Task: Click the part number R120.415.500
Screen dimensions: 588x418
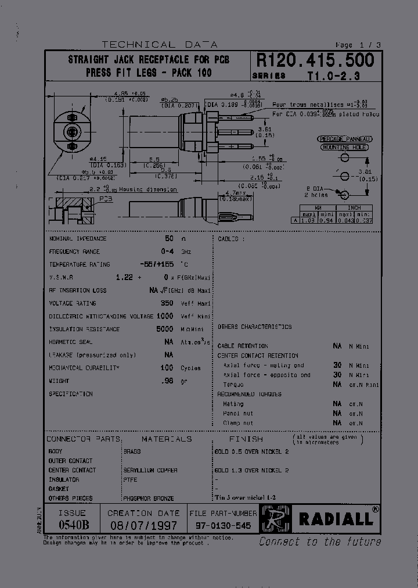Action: [315, 60]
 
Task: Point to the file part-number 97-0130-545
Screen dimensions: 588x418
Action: [223, 525]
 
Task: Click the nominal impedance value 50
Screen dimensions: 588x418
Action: [169, 239]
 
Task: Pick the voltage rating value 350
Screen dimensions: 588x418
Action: [167, 303]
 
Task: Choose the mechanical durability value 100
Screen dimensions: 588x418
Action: [167, 368]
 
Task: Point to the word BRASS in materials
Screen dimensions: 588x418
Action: [132, 451]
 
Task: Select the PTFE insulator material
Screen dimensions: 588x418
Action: [130, 479]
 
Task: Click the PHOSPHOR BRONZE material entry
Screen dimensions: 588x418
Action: [148, 499]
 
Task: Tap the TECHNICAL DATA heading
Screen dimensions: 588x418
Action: [159, 45]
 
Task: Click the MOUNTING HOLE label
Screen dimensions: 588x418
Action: [345, 148]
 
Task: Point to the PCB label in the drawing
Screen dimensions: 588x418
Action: [106, 199]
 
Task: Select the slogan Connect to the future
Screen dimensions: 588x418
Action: [319, 542]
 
